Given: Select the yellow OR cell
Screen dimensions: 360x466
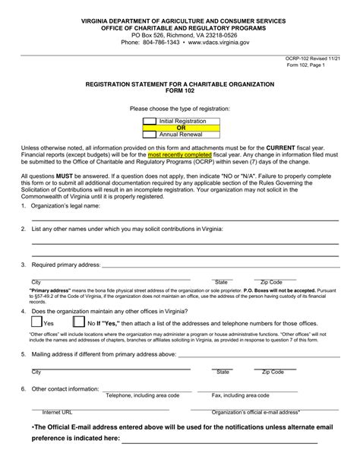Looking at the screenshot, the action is coord(180,128).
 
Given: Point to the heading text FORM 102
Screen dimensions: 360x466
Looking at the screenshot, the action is coord(180,93).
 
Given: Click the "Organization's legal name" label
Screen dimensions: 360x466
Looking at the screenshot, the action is coord(65,205).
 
